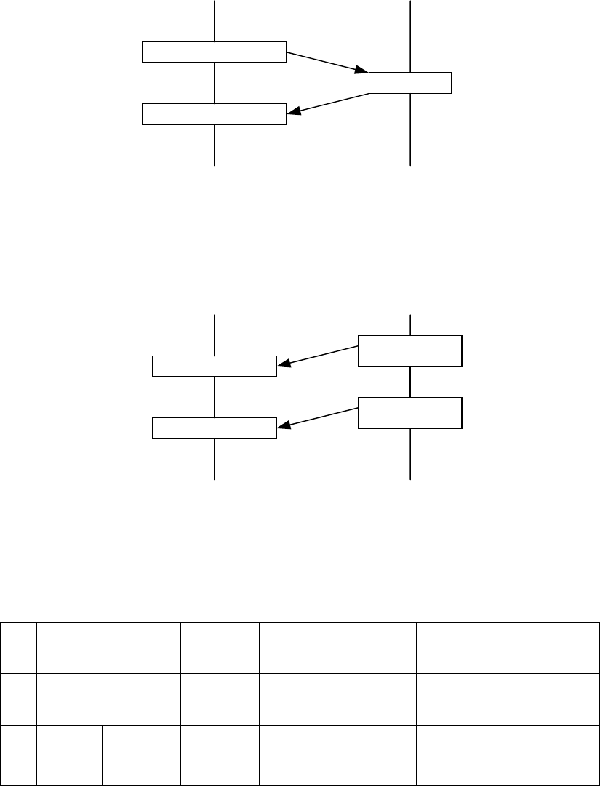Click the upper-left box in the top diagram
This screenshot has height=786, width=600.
[213, 52]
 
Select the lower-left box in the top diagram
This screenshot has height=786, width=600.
[213, 114]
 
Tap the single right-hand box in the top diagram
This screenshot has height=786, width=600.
[410, 83]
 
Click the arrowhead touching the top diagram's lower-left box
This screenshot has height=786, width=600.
[294, 111]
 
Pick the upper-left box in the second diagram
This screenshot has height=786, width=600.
[215, 366]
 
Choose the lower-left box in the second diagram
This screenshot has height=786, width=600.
[215, 428]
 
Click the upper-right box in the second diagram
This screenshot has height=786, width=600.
[410, 350]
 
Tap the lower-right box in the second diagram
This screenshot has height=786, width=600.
[410, 412]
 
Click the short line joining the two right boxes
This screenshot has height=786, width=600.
[411, 382]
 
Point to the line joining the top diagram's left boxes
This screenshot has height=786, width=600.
[215, 83]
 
